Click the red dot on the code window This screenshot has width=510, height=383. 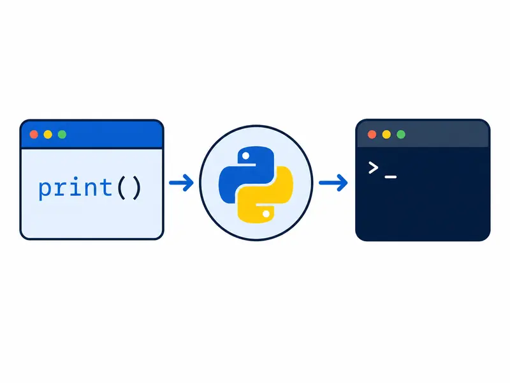pyautogui.click(x=34, y=135)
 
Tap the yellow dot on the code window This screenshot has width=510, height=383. pyautogui.click(x=48, y=135)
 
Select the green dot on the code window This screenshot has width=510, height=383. pyautogui.click(x=62, y=135)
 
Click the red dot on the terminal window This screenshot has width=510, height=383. pyautogui.click(x=372, y=135)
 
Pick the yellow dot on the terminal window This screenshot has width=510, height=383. pyautogui.click(x=386, y=135)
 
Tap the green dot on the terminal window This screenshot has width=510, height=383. pyautogui.click(x=401, y=135)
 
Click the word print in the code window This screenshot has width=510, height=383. pyautogui.click(x=75, y=188)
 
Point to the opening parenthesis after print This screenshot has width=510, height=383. pyautogui.click(x=121, y=188)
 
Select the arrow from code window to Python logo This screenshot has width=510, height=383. pyautogui.click(x=181, y=183)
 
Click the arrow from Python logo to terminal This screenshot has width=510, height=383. pyautogui.click(x=333, y=183)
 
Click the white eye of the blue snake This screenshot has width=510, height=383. pyautogui.click(x=246, y=156)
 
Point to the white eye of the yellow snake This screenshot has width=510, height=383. pyautogui.click(x=266, y=214)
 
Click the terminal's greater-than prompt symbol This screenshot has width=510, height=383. pyautogui.click(x=373, y=168)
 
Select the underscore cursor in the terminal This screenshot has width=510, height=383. pyautogui.click(x=391, y=177)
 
